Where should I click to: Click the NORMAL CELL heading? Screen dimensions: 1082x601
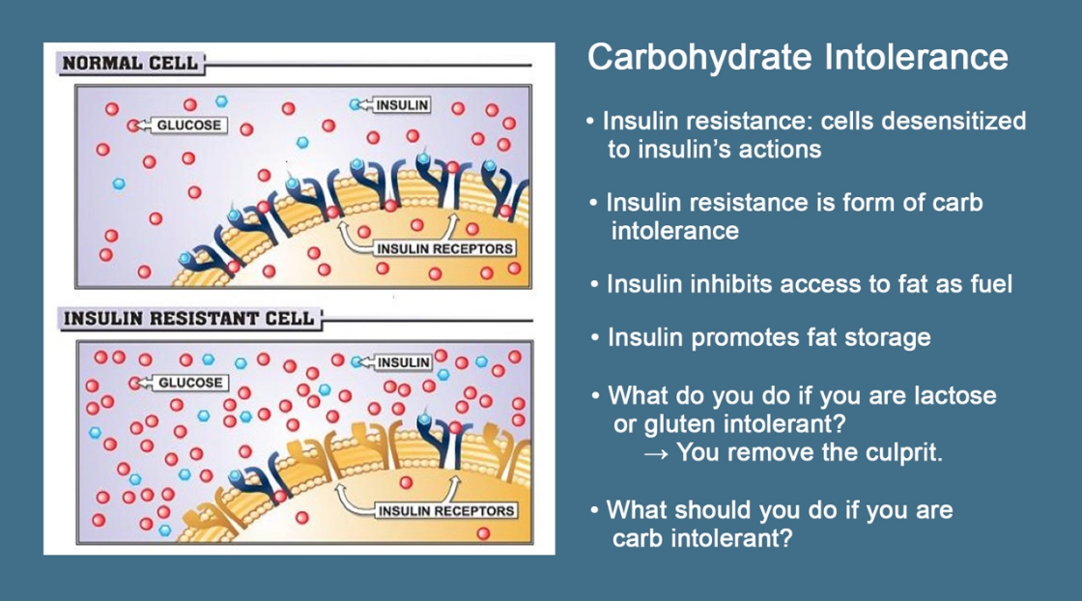pos(129,64)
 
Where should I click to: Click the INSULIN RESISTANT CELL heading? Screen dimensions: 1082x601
pos(188,319)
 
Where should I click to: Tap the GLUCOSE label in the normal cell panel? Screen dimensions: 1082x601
pos(189,126)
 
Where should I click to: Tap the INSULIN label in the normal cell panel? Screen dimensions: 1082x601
pos(402,105)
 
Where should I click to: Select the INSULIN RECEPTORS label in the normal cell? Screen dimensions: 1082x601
pos(444,248)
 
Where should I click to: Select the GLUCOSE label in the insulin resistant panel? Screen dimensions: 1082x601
pos(190,383)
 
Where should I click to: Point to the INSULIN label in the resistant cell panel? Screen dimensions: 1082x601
pos(404,362)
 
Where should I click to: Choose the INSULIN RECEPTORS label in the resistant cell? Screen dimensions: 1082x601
pos(445,510)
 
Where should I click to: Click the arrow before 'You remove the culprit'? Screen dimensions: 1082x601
pos(656,454)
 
